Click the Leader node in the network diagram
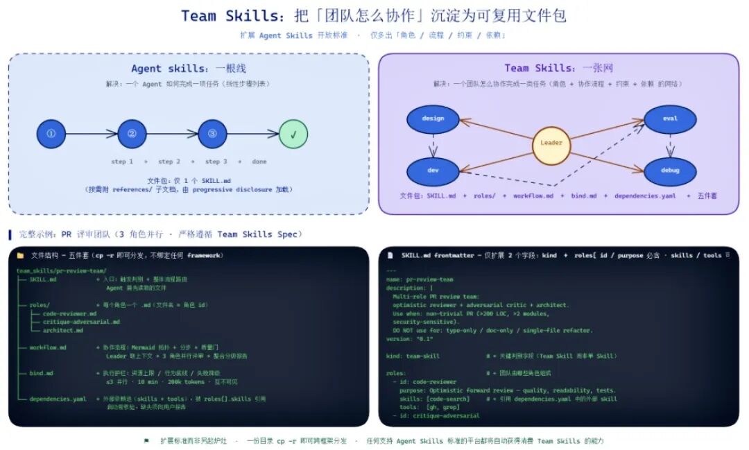[551, 144]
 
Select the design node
[433, 119]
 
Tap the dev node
[433, 171]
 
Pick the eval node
[670, 119]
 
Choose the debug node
[670, 171]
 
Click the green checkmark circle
[293, 134]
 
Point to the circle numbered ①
[51, 134]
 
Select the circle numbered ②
[132, 134]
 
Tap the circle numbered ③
[212, 134]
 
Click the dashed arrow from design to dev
[433, 145]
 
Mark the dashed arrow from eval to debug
[670, 145]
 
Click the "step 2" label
[169, 162]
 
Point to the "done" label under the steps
[259, 162]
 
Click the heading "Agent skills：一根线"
[189, 69]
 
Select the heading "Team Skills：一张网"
[558, 68]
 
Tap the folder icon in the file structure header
[20, 256]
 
